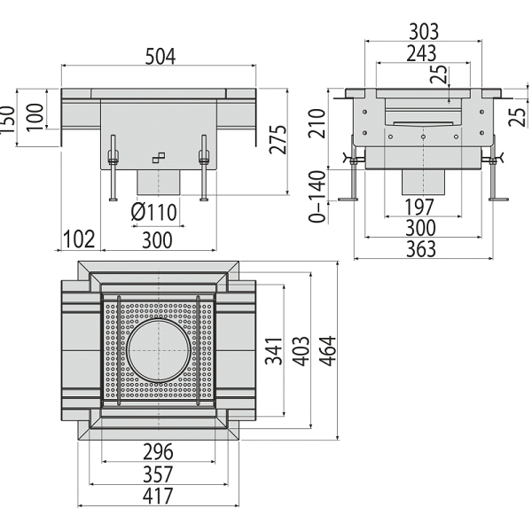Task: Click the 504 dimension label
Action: click(160, 57)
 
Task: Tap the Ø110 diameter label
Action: click(154, 213)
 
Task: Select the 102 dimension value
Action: click(79, 239)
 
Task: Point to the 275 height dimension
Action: click(278, 139)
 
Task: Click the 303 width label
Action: click(424, 32)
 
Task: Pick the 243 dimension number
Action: click(421, 53)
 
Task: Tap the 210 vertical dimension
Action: click(317, 123)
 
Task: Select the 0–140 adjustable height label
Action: click(317, 197)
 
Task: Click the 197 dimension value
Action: click(419, 207)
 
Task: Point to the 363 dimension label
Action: click(420, 249)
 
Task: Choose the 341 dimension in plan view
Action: click(273, 351)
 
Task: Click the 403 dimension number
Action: click(301, 351)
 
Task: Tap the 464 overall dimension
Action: click(328, 351)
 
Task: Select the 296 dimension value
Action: click(158, 451)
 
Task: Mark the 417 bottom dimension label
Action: click(158, 496)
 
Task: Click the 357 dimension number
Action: click(158, 474)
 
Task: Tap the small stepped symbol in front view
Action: click(159, 158)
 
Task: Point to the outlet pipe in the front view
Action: click(159, 182)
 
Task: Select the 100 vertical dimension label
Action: click(35, 117)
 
